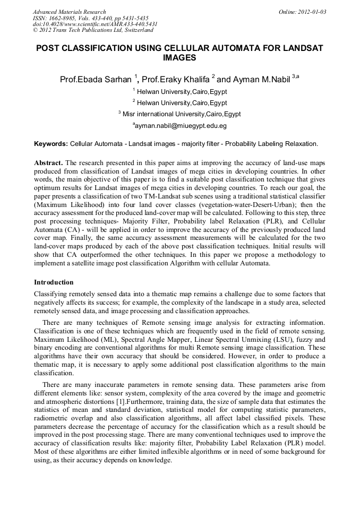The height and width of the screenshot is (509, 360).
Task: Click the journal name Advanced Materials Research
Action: [x=69, y=12]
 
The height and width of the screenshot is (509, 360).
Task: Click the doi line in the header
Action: [x=95, y=24]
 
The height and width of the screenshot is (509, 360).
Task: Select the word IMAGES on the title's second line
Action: [x=179, y=58]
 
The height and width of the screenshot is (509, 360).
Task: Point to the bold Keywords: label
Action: [x=51, y=144]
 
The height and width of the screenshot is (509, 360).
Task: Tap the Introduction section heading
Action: [x=54, y=282]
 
